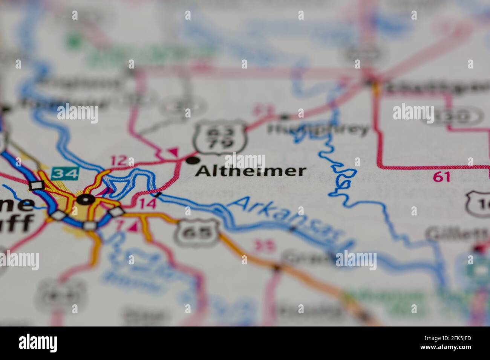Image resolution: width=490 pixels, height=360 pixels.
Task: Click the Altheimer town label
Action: (250, 171)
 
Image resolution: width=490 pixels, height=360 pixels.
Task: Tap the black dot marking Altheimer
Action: (193, 161)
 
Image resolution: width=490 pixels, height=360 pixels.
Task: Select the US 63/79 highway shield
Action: (221, 138)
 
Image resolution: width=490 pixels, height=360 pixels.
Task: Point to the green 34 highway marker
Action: (66, 173)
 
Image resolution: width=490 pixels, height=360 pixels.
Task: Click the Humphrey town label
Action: (318, 129)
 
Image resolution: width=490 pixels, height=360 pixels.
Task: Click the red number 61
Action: (441, 177)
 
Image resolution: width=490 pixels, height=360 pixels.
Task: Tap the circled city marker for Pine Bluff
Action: (86, 200)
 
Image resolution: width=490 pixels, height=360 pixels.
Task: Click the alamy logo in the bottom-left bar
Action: (38, 343)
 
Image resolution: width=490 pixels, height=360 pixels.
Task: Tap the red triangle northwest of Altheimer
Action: (173, 152)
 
